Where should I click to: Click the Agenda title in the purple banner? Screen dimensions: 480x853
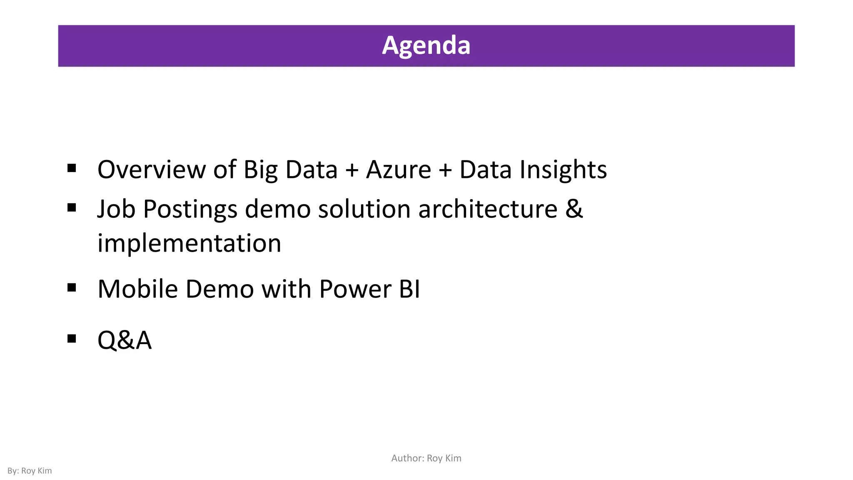pyautogui.click(x=426, y=45)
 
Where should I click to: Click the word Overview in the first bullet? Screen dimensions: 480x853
pyautogui.click(x=152, y=170)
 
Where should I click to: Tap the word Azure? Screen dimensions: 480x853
pyautogui.click(x=399, y=170)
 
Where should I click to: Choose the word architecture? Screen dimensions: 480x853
pyautogui.click(x=488, y=209)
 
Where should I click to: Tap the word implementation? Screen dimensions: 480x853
pyautogui.click(x=189, y=244)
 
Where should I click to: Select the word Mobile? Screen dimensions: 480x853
pyautogui.click(x=138, y=289)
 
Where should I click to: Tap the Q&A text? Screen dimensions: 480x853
pyautogui.click(x=124, y=340)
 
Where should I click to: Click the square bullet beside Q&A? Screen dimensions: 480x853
pyautogui.click(x=72, y=338)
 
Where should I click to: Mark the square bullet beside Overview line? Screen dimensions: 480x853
pyautogui.click(x=72, y=168)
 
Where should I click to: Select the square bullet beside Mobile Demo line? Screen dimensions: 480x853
pyautogui.click(x=72, y=287)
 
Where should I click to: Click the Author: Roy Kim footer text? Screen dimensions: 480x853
pyautogui.click(x=426, y=458)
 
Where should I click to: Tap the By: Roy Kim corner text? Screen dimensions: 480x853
pyautogui.click(x=30, y=471)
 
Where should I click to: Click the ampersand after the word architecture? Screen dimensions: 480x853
pyautogui.click(x=574, y=209)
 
